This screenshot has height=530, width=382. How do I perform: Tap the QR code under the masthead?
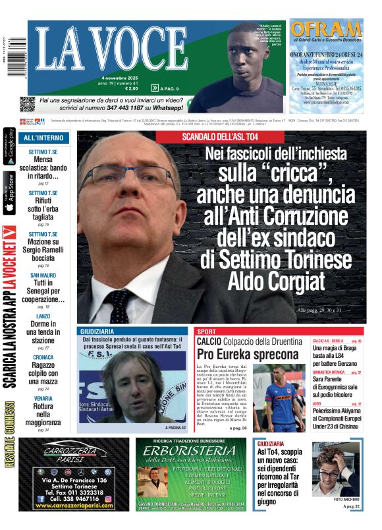pyautogui.click(x=26, y=103)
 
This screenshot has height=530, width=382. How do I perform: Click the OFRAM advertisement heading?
pyautogui.click(x=326, y=30)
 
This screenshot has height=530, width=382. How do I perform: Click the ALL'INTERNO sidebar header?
pyautogui.click(x=43, y=138)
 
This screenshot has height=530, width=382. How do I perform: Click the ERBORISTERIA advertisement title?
pyautogui.click(x=191, y=452)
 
